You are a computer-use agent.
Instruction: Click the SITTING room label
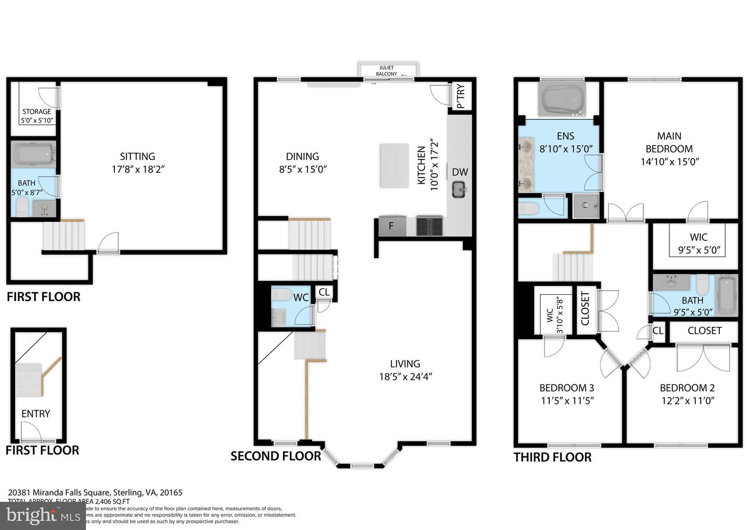tap(137, 156)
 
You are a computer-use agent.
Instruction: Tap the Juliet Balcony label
tap(386, 71)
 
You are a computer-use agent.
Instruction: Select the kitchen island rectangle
tap(394, 165)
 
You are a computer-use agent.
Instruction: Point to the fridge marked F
tap(391, 226)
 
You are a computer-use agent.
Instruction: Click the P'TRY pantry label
tap(460, 96)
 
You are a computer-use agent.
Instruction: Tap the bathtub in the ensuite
tap(563, 99)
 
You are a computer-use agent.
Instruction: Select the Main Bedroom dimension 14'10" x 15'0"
tap(669, 161)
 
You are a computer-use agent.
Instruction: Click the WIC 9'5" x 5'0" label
tap(699, 244)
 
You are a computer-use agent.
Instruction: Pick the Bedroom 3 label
tap(566, 388)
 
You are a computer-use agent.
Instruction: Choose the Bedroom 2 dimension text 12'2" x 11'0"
tap(687, 400)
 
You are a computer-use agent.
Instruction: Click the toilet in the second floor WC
tap(282, 295)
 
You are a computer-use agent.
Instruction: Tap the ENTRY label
tap(36, 413)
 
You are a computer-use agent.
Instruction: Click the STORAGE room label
tap(37, 111)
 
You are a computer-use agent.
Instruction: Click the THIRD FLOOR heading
tap(552, 457)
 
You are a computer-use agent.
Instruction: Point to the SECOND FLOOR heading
tap(276, 456)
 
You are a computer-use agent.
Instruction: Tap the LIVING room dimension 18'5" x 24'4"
tap(406, 376)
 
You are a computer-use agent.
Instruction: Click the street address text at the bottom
tap(95, 493)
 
